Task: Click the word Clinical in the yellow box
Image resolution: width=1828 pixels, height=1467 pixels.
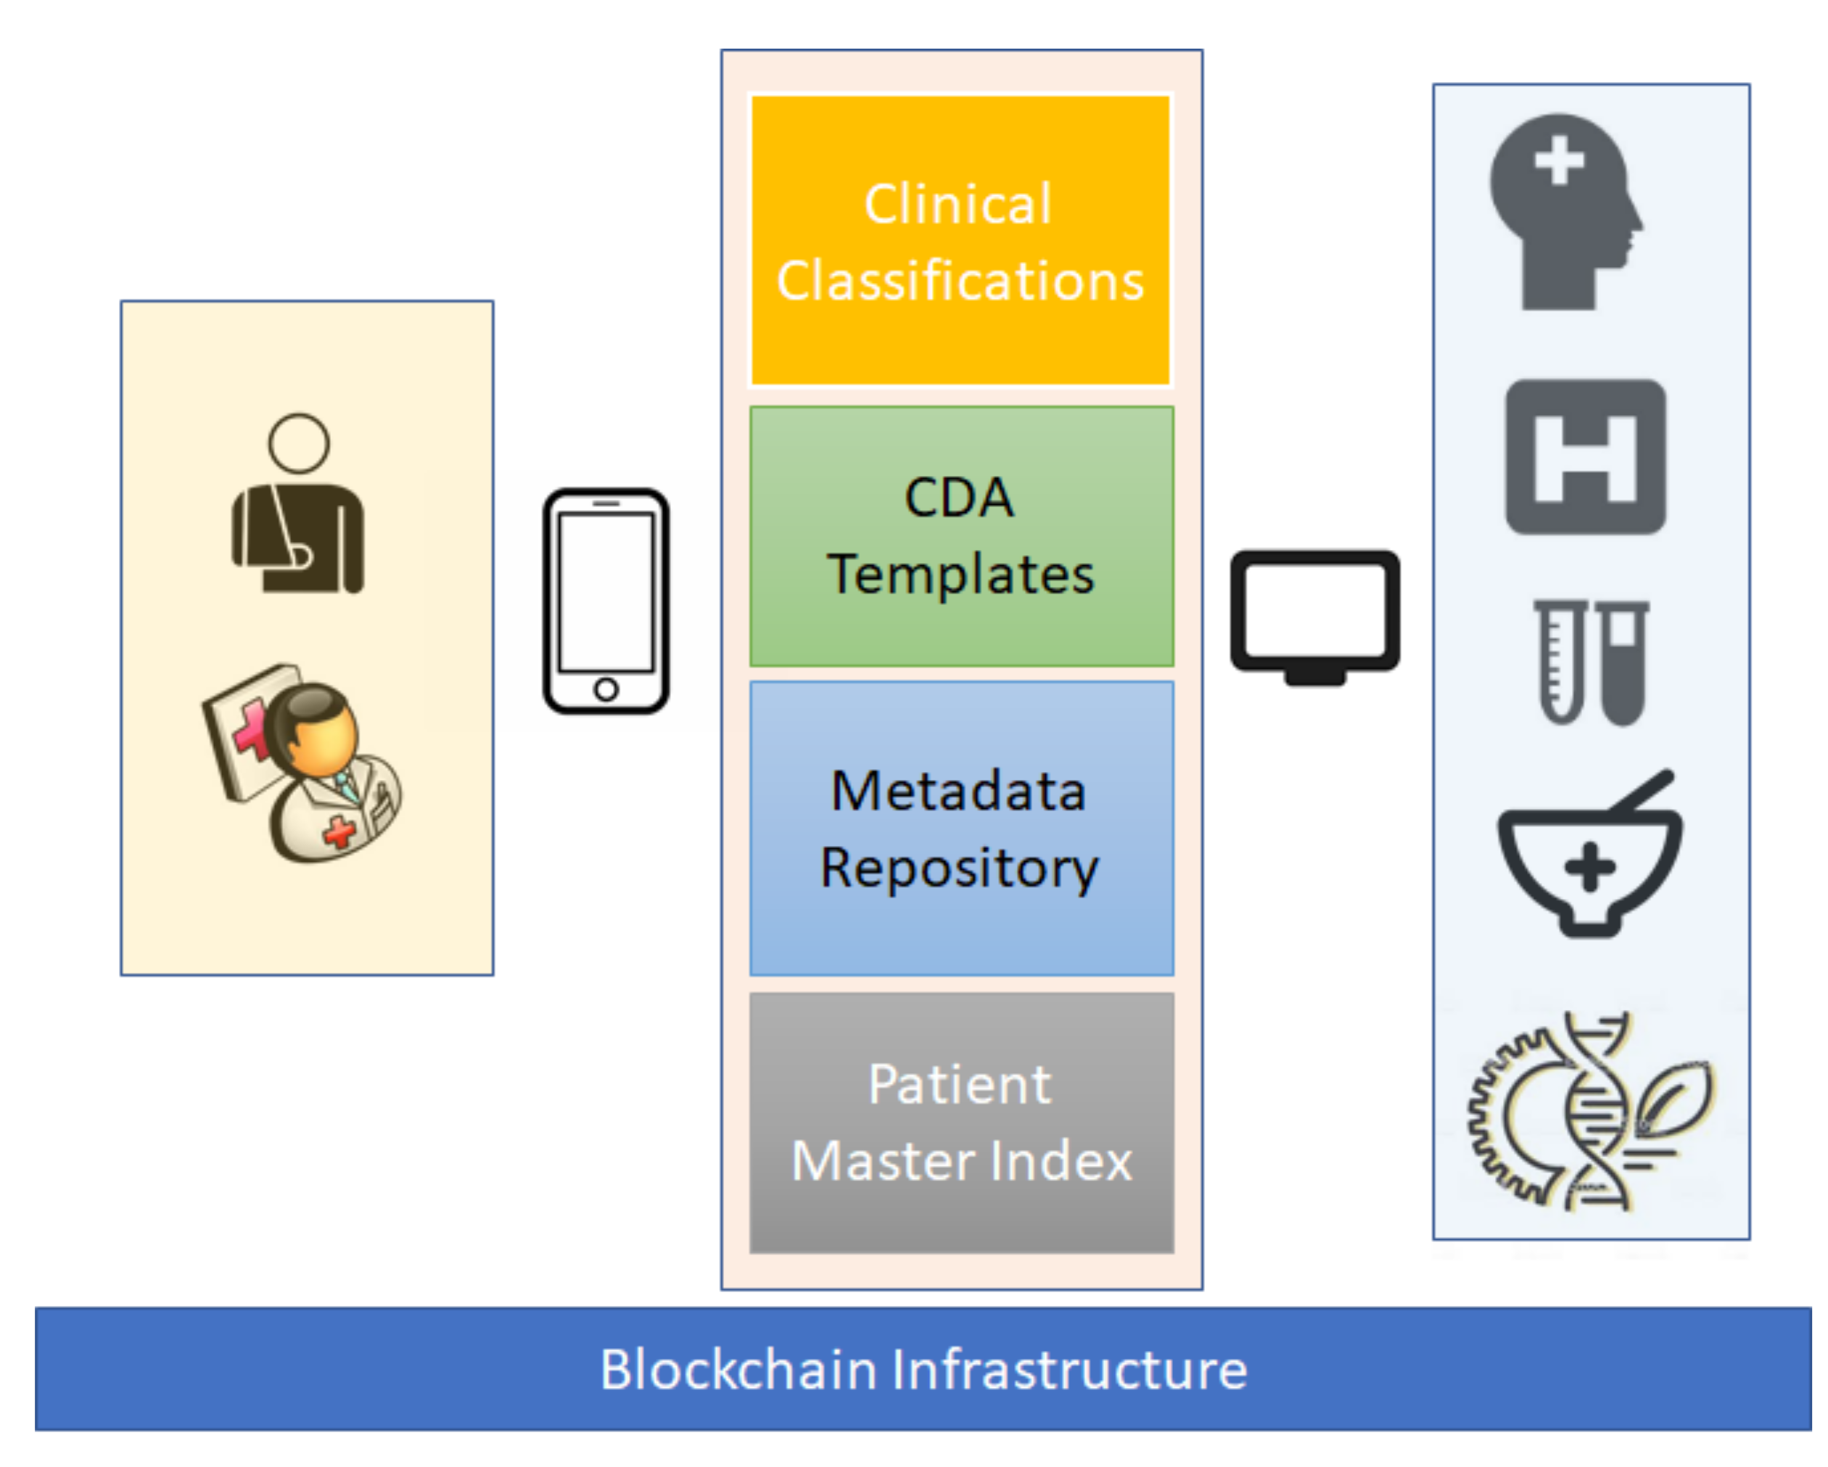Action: click(x=958, y=205)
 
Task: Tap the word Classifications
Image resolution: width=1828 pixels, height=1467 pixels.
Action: click(x=960, y=281)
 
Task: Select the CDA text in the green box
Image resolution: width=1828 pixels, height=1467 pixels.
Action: click(x=958, y=498)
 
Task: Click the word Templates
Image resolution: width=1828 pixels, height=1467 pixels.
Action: click(x=960, y=575)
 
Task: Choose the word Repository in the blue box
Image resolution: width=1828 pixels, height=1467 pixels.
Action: click(x=959, y=868)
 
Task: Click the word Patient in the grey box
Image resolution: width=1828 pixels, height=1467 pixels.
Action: click(x=959, y=1085)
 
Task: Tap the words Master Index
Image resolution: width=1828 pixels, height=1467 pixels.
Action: click(x=960, y=1161)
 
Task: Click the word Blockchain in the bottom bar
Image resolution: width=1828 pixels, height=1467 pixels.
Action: click(x=738, y=1370)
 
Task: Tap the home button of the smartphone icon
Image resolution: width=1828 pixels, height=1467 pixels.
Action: click(x=606, y=689)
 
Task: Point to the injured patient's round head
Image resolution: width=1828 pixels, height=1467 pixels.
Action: click(x=298, y=443)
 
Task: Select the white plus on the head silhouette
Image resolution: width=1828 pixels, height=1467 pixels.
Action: click(x=1558, y=160)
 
